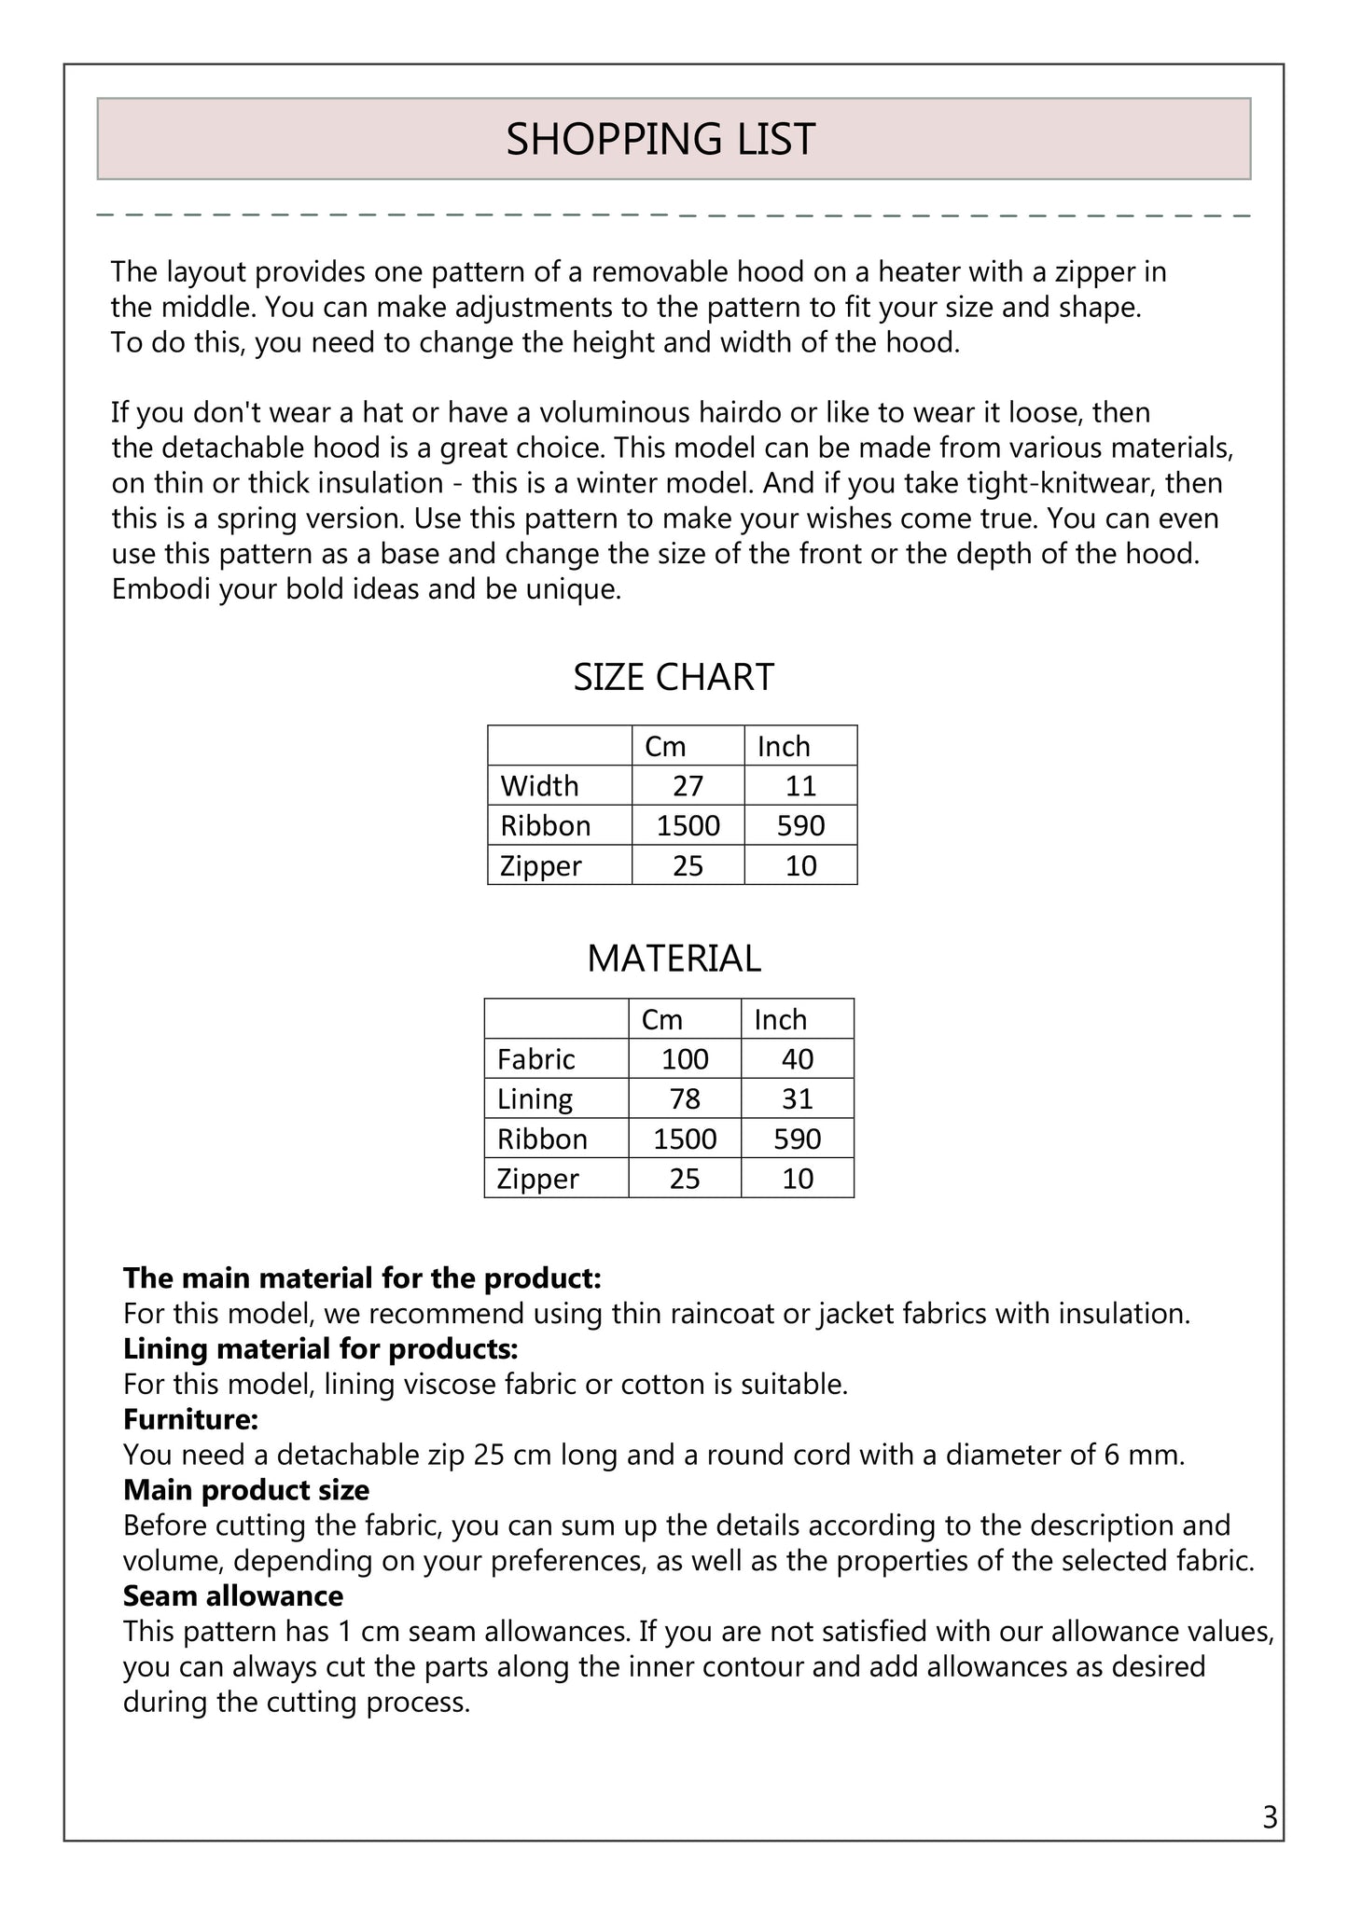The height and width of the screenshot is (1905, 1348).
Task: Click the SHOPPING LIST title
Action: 660,139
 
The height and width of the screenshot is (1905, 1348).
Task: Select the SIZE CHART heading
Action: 674,677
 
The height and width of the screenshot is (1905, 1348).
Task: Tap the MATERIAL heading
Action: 674,959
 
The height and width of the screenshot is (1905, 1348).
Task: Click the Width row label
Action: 539,786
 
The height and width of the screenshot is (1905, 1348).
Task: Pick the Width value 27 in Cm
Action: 688,786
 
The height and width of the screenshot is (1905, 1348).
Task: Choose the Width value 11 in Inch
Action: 800,786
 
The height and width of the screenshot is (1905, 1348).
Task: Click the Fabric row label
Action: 535,1059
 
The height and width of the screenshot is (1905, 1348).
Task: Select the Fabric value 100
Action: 685,1059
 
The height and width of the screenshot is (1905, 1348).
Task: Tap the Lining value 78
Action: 685,1099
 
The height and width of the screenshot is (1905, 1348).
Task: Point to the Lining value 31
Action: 798,1099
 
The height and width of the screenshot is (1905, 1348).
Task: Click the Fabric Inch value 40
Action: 798,1059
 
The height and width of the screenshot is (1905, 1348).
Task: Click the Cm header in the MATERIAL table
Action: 662,1020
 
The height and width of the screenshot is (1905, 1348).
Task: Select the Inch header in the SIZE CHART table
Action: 784,747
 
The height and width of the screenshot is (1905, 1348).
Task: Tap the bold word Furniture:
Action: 190,1420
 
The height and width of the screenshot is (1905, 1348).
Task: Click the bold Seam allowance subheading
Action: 233,1596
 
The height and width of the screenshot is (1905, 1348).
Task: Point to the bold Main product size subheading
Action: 246,1490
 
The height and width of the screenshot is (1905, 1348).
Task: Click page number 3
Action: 1270,1818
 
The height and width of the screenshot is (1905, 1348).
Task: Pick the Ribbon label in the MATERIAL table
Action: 542,1139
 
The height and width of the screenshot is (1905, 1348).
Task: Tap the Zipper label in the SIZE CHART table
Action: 541,866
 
